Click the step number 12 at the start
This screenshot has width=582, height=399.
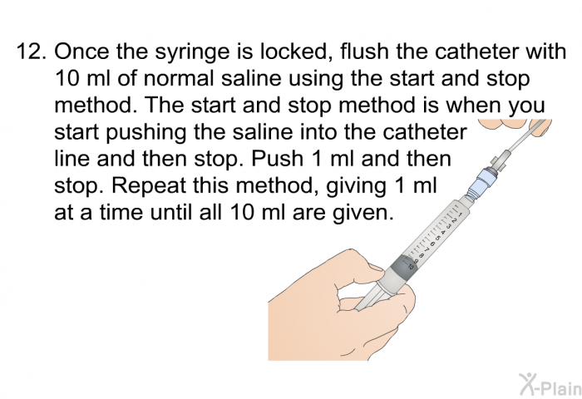point(32,52)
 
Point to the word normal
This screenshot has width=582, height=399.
point(179,78)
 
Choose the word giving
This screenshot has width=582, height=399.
point(356,187)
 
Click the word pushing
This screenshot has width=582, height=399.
point(145,133)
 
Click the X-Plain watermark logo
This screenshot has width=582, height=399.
point(550,385)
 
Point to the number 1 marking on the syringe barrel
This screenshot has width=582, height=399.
point(460,214)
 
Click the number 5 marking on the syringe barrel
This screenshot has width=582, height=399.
point(437,238)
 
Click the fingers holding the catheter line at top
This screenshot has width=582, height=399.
point(516,127)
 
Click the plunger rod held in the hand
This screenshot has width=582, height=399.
point(371,297)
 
